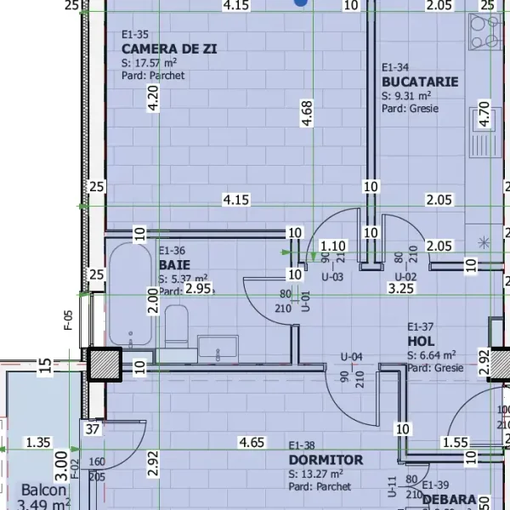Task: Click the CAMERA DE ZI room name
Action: click(x=168, y=49)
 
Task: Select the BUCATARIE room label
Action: click(x=420, y=82)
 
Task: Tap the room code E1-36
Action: click(x=172, y=252)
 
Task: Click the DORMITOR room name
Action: click(x=326, y=460)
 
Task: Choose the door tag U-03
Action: click(x=331, y=277)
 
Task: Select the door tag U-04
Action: click(x=352, y=356)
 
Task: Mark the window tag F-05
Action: click(x=69, y=319)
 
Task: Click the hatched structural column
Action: click(x=105, y=365)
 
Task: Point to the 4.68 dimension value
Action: click(x=307, y=113)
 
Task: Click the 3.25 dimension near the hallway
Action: click(x=400, y=289)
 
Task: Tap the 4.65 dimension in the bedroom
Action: click(x=252, y=442)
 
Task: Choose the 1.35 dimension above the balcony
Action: click(x=38, y=442)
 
